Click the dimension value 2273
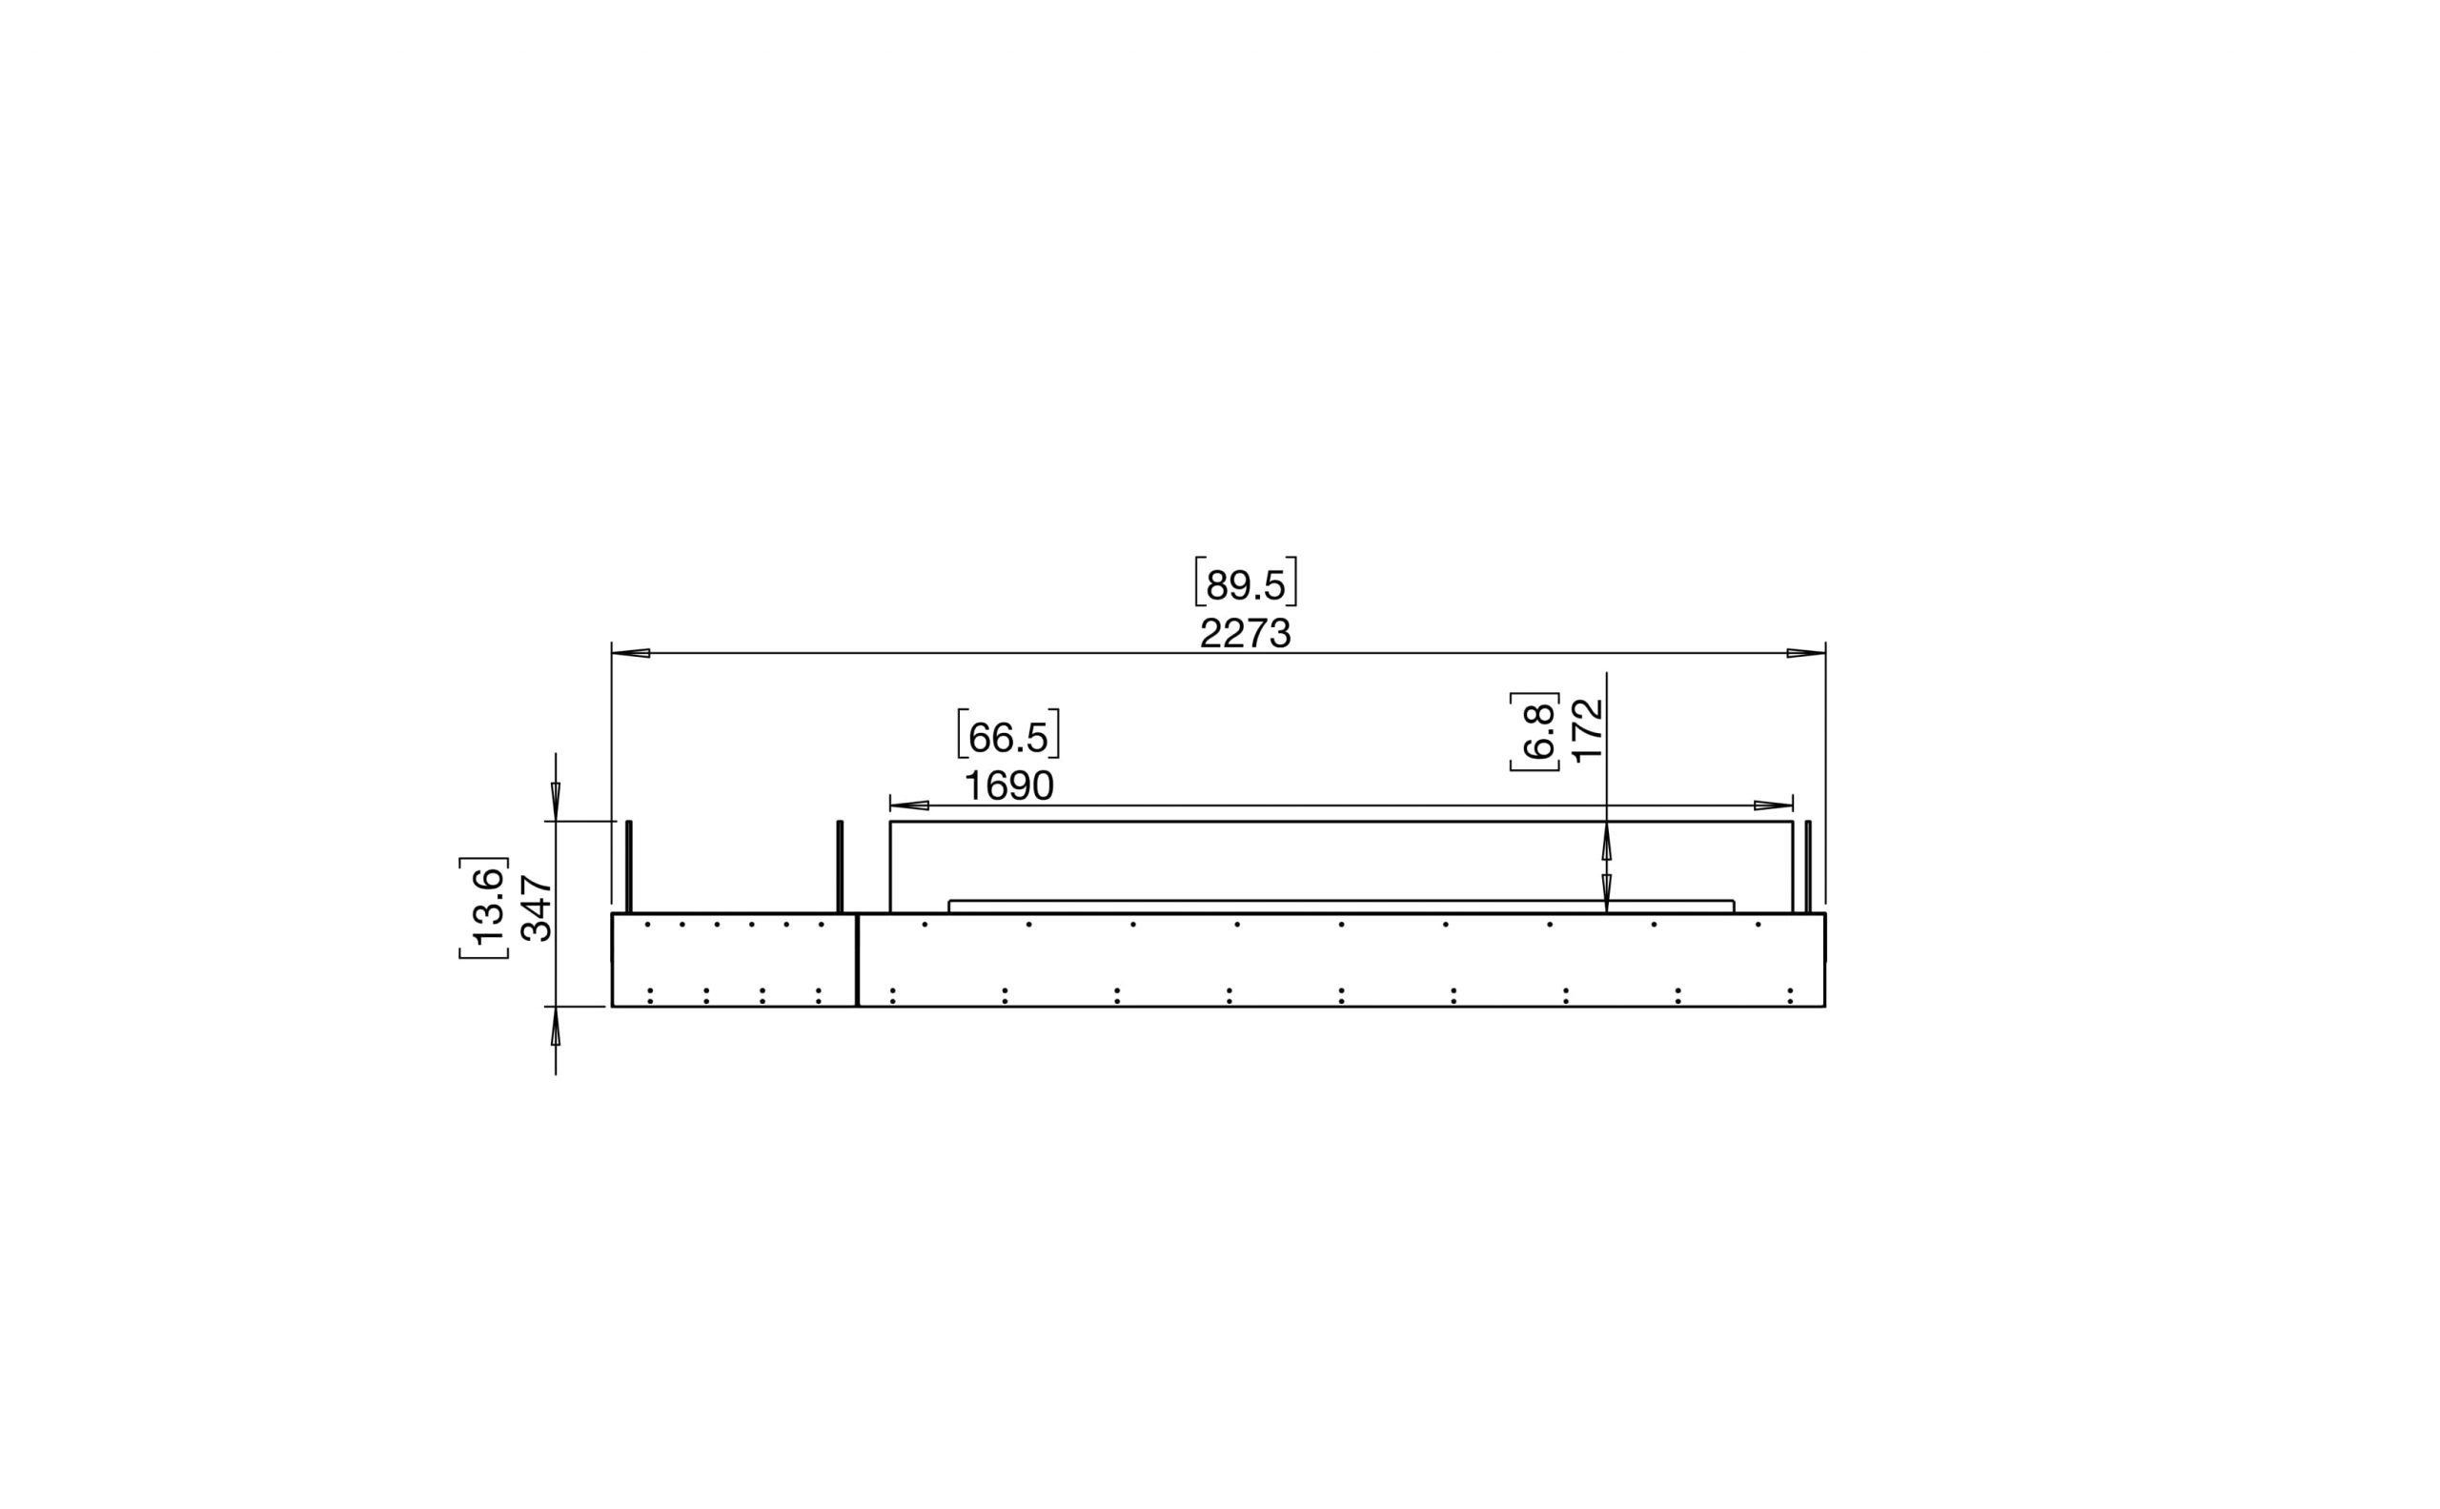[1245, 634]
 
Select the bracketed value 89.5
[1246, 586]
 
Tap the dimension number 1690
[1008, 786]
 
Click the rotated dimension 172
[1587, 730]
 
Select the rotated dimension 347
[537, 907]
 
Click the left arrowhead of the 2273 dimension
[632, 654]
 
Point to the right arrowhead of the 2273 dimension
[1804, 654]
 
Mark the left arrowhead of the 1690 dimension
[910, 805]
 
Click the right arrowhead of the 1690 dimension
[1773, 805]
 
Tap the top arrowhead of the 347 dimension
[556, 802]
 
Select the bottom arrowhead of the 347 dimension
[556, 1027]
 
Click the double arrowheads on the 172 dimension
[1607, 867]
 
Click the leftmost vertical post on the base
[629, 867]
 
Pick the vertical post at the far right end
[1807, 867]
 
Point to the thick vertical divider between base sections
[857, 959]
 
